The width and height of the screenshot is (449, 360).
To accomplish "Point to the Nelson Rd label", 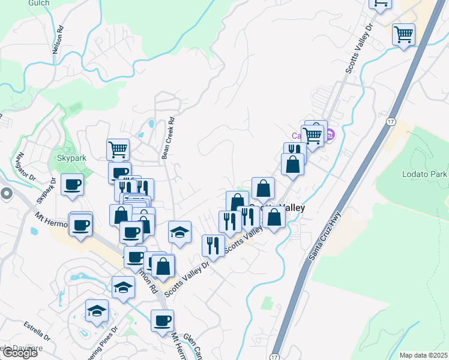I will (58, 41).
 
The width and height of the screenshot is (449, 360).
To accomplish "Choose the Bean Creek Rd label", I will (167, 137).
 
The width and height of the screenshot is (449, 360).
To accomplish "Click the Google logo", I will (19, 353).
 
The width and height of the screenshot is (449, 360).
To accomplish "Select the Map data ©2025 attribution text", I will (424, 355).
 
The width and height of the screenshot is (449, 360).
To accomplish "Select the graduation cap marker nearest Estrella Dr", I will (96, 310).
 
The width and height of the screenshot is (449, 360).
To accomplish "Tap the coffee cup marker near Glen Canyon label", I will (161, 320).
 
